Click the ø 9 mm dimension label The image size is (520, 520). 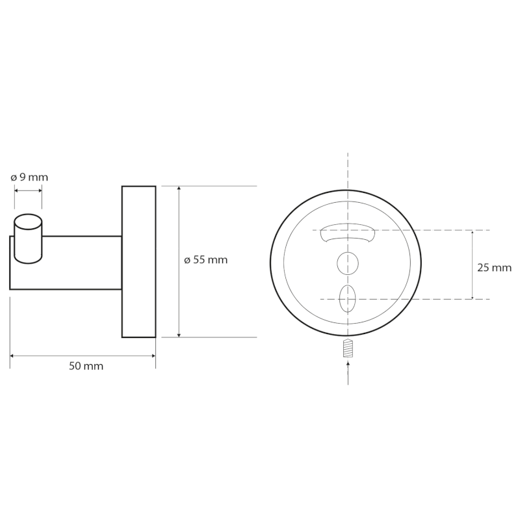30,177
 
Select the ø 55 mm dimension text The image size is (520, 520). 206,260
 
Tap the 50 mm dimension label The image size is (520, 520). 86,366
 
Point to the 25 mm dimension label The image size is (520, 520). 493,267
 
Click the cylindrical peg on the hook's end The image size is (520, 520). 28,238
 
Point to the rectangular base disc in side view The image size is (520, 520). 138,262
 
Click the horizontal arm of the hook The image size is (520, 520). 81,263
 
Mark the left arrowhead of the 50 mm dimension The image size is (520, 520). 13,356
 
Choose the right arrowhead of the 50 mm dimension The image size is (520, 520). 152,356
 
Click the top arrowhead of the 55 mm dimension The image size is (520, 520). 179,189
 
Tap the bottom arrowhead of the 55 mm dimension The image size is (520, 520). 179,334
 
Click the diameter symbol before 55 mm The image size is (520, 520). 187,260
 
